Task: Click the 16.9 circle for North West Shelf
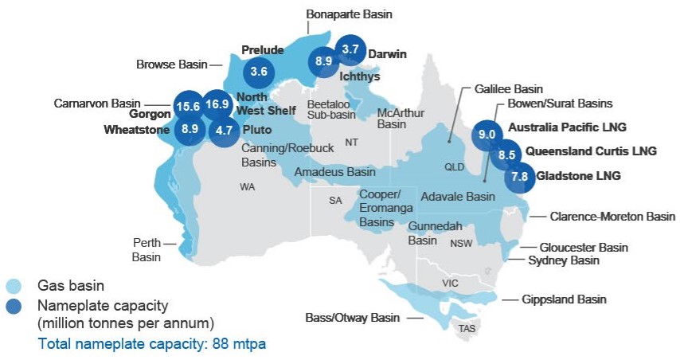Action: tap(217, 104)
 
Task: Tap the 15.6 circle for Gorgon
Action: tap(187, 106)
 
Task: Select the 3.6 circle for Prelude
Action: tap(259, 71)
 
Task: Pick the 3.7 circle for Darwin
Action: tap(350, 49)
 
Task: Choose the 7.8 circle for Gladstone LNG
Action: tap(519, 176)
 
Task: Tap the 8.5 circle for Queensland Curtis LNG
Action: tap(503, 155)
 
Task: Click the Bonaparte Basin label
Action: tap(350, 14)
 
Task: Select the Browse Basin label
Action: tap(171, 65)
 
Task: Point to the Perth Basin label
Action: tap(147, 249)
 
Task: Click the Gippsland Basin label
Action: tap(565, 299)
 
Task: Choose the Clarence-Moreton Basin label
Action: tap(612, 216)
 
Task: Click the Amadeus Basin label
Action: tap(334, 172)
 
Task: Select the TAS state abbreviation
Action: tap(466, 327)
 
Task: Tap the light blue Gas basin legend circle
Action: tap(14, 285)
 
